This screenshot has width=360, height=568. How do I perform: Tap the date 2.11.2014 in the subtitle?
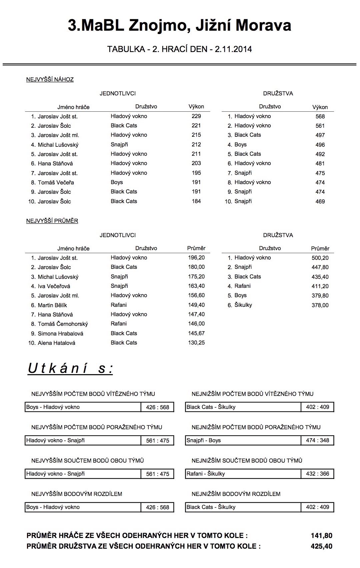tap(233, 49)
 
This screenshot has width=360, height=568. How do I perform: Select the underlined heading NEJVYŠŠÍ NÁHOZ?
tap(50, 79)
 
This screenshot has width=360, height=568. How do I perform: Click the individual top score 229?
tap(196, 116)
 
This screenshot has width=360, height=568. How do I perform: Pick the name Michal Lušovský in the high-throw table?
tap(58, 145)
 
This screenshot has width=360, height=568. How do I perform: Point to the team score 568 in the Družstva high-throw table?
tap(320, 116)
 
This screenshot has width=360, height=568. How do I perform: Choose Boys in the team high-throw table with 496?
tap(240, 144)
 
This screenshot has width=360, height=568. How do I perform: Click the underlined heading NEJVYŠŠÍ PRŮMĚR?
tap(52, 221)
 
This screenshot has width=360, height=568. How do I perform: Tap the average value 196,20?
tap(196, 257)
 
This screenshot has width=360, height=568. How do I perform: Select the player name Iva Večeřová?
tap(54, 286)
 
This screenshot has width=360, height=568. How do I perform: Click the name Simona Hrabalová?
tap(60, 334)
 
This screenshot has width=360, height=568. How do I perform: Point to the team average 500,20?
tap(320, 258)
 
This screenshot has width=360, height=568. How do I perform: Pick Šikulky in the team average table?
tap(243, 305)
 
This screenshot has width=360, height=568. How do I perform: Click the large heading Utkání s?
tap(70, 369)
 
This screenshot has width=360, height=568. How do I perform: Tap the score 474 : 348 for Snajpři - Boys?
tap(317, 440)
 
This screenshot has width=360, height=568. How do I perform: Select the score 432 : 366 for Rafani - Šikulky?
tap(317, 474)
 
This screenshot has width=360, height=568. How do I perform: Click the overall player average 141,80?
tap(321, 536)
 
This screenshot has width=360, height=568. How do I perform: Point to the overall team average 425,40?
tap(321, 546)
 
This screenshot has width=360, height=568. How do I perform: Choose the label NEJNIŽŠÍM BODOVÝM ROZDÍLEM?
tap(236, 494)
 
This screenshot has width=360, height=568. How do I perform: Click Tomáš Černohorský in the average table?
tap(63, 324)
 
